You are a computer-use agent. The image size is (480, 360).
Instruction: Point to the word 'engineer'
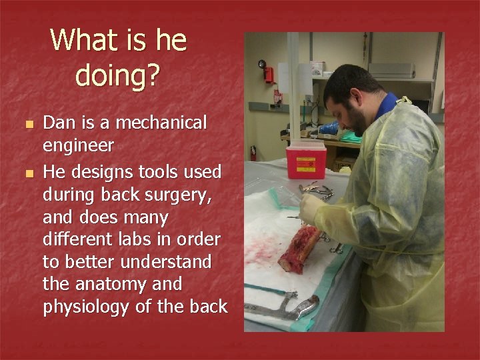click(78, 145)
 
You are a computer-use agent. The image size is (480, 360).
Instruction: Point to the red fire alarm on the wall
click(269, 73)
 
